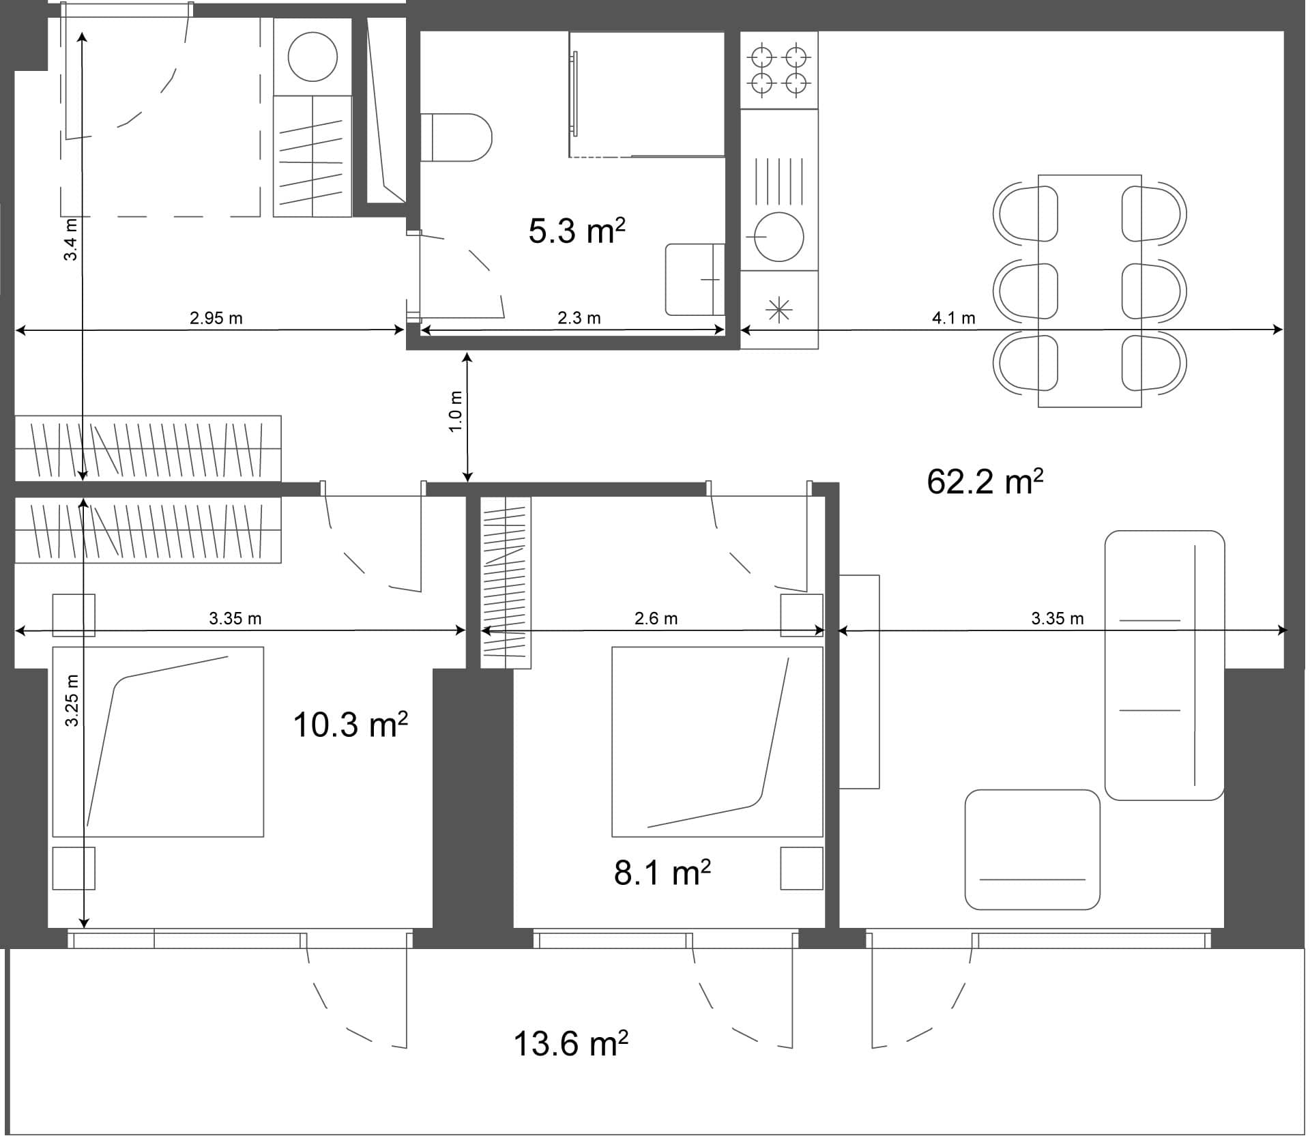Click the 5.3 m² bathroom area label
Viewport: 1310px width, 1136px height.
point(577,231)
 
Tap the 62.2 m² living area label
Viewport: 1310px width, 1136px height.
point(985,482)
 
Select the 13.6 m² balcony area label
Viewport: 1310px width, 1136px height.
point(570,1044)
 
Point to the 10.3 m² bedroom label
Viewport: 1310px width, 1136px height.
point(350,725)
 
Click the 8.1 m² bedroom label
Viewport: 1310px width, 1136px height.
point(662,873)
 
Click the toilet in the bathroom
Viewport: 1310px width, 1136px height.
point(457,137)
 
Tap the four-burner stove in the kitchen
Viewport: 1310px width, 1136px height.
point(778,70)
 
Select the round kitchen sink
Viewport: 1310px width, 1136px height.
point(778,237)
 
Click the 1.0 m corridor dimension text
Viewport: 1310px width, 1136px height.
point(456,411)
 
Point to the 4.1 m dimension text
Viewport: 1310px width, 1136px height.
point(953,318)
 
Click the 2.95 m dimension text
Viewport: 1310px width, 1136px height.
point(216,318)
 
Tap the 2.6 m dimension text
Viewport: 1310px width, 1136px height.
point(656,619)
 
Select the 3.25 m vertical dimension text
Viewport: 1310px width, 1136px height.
point(72,701)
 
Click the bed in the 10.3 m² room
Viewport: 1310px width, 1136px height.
point(158,742)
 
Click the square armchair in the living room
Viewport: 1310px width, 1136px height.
point(1032,849)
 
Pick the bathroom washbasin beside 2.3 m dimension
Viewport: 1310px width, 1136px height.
point(694,279)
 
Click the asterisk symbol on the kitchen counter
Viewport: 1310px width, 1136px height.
point(778,310)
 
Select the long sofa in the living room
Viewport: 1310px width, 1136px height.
point(1164,665)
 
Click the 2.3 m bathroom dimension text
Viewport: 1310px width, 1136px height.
point(579,318)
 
